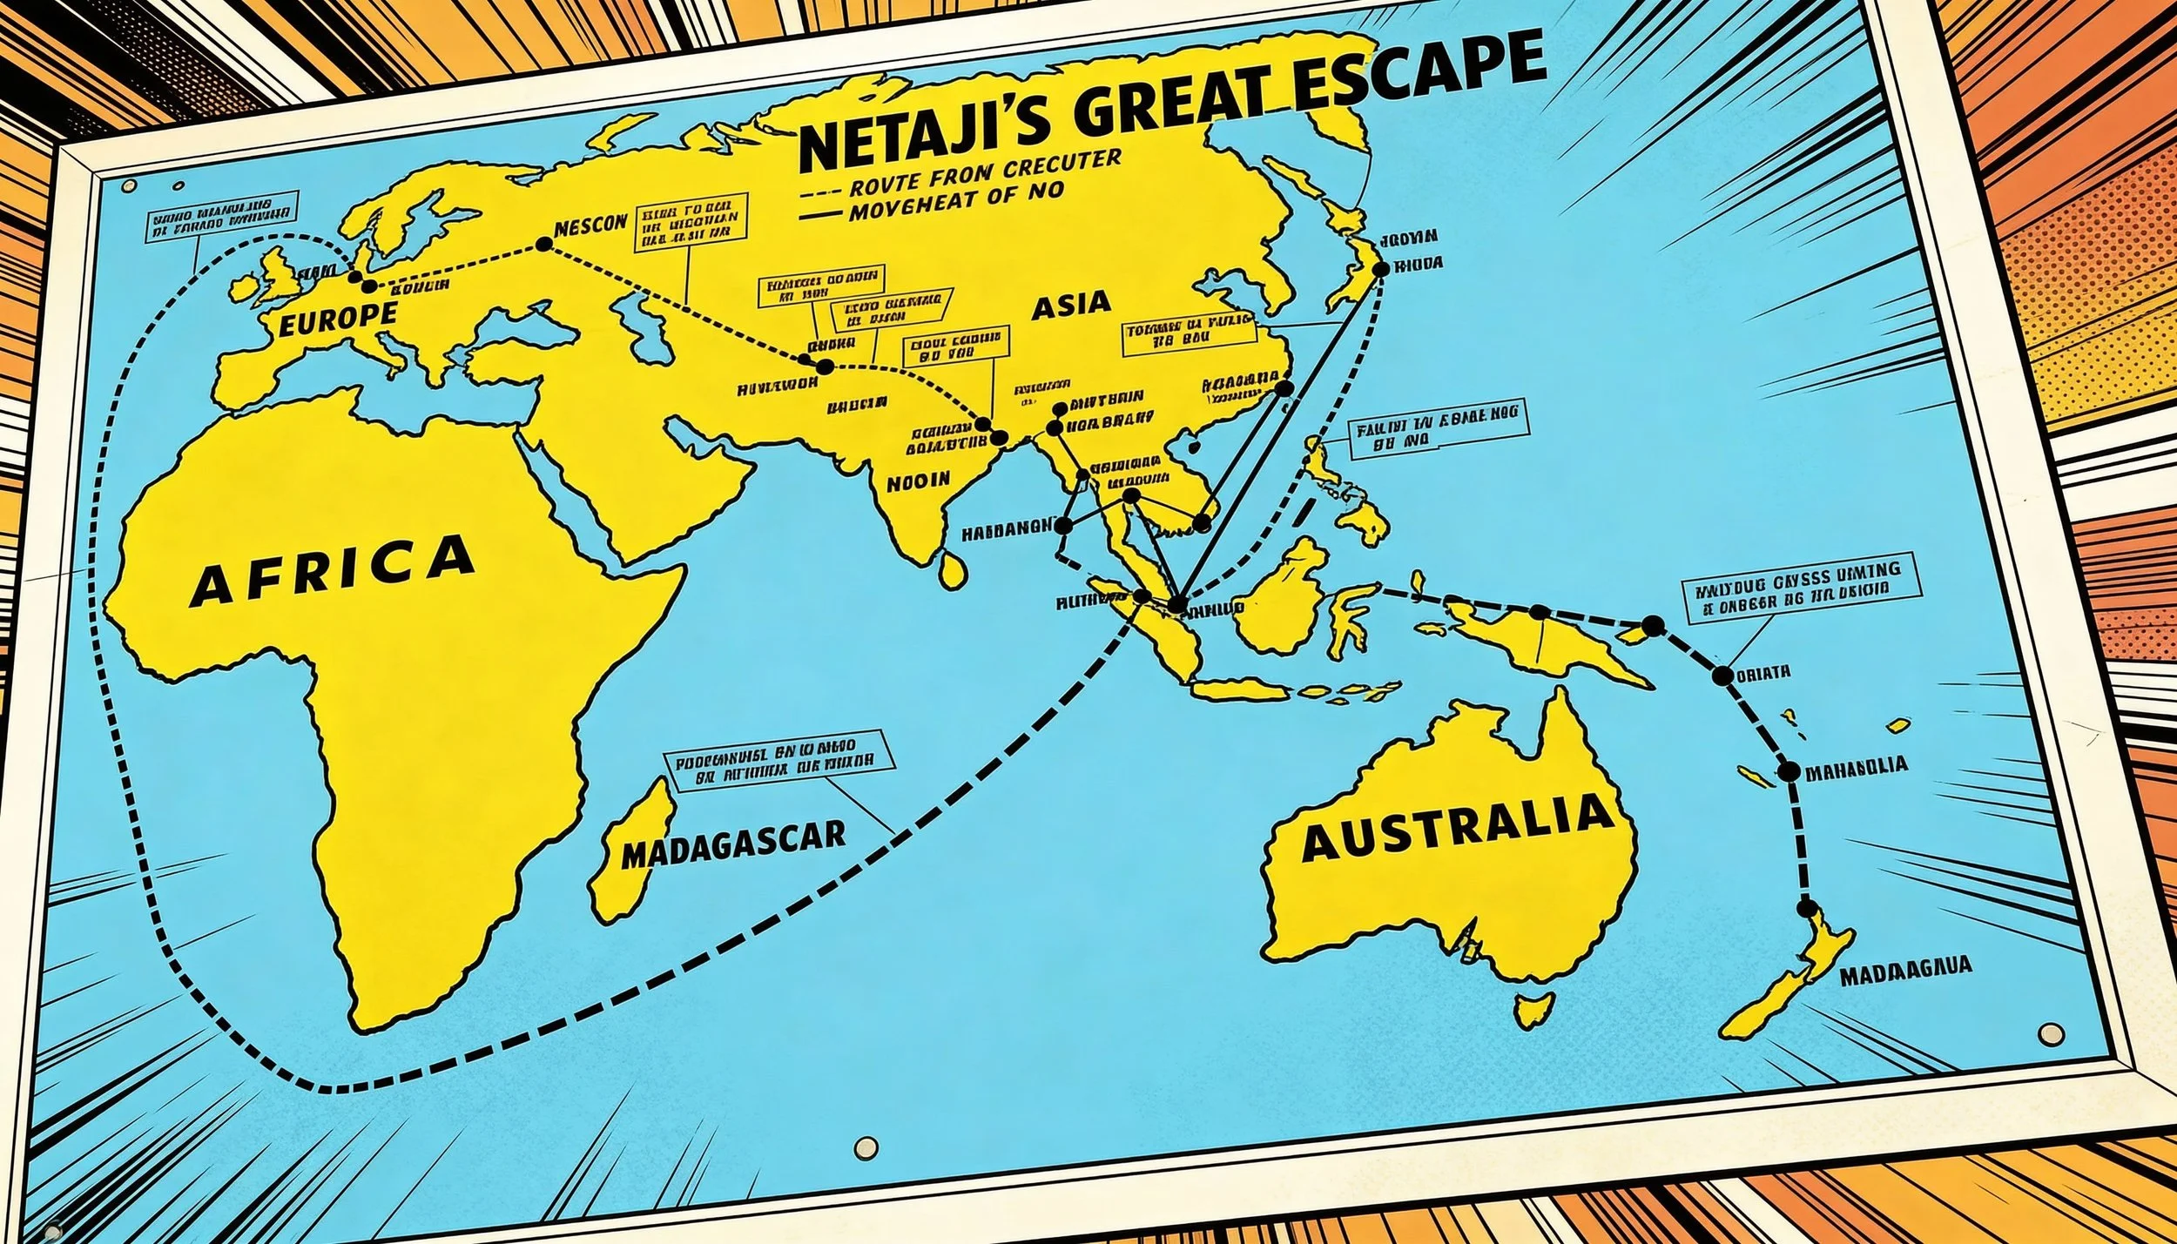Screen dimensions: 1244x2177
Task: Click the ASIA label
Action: click(x=1071, y=305)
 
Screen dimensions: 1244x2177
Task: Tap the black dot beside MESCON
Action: click(x=543, y=245)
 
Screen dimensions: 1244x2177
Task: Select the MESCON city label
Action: click(x=590, y=225)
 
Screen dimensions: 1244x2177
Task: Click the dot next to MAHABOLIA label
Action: click(x=1789, y=771)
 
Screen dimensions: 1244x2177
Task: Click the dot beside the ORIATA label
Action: click(x=1722, y=676)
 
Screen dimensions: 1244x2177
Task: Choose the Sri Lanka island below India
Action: click(x=954, y=570)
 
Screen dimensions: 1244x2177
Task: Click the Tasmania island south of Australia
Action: click(x=1533, y=1009)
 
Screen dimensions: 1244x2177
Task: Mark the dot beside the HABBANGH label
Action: click(x=1062, y=525)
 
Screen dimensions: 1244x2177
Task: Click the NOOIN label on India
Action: click(x=918, y=481)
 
